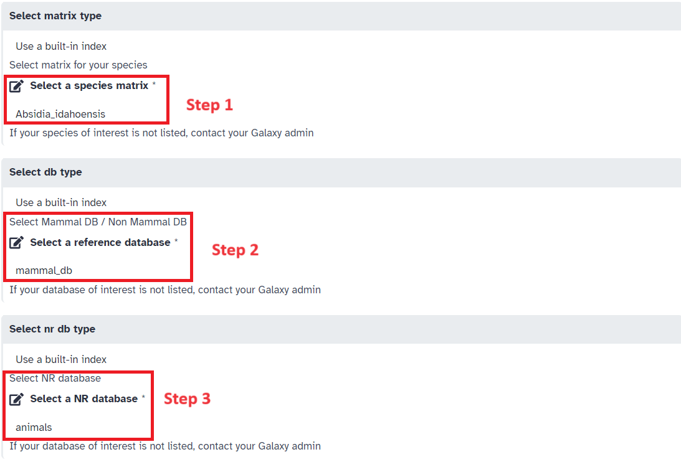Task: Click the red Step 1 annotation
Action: point(209,105)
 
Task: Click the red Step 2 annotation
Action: point(235,250)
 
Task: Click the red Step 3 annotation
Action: point(187,399)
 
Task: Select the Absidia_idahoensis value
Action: point(60,114)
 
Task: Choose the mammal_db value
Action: point(44,270)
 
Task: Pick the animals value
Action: point(34,427)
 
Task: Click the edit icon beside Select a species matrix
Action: point(17,86)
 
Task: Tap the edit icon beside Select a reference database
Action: point(17,243)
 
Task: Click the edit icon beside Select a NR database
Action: point(17,399)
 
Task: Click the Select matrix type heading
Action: point(55,16)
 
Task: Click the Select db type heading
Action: point(45,172)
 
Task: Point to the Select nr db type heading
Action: point(52,329)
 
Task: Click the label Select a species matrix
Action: point(89,86)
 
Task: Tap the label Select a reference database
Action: point(100,242)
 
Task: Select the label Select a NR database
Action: point(83,398)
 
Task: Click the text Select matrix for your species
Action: point(79,65)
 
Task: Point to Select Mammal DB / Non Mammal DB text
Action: point(98,222)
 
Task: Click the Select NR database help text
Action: point(55,378)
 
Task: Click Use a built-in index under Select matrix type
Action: point(61,46)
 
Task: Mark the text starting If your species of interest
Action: point(161,133)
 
